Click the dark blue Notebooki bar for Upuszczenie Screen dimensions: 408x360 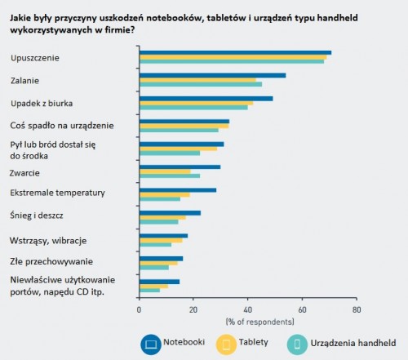coord(235,53)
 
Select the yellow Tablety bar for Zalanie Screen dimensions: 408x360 coord(197,80)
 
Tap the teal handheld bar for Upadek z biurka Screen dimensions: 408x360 coord(193,108)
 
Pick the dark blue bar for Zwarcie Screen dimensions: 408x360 coord(180,167)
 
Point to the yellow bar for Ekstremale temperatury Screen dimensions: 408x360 coord(165,194)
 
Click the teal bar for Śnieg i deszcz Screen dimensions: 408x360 coord(159,222)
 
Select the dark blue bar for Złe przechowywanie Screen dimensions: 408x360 coord(161,259)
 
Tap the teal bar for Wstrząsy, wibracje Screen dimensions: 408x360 coord(155,245)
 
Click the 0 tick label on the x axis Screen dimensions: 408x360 coord(139,309)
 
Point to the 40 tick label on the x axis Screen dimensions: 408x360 coord(247,309)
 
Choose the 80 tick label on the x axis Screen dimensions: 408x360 coord(357,309)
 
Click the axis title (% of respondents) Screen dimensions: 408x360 coord(259,322)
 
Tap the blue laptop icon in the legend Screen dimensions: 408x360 coord(151,344)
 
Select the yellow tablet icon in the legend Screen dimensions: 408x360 coord(226,344)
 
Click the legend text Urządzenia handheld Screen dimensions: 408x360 coord(353,343)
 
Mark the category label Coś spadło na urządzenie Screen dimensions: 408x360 coord(62,126)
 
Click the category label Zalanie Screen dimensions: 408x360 coord(24,81)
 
